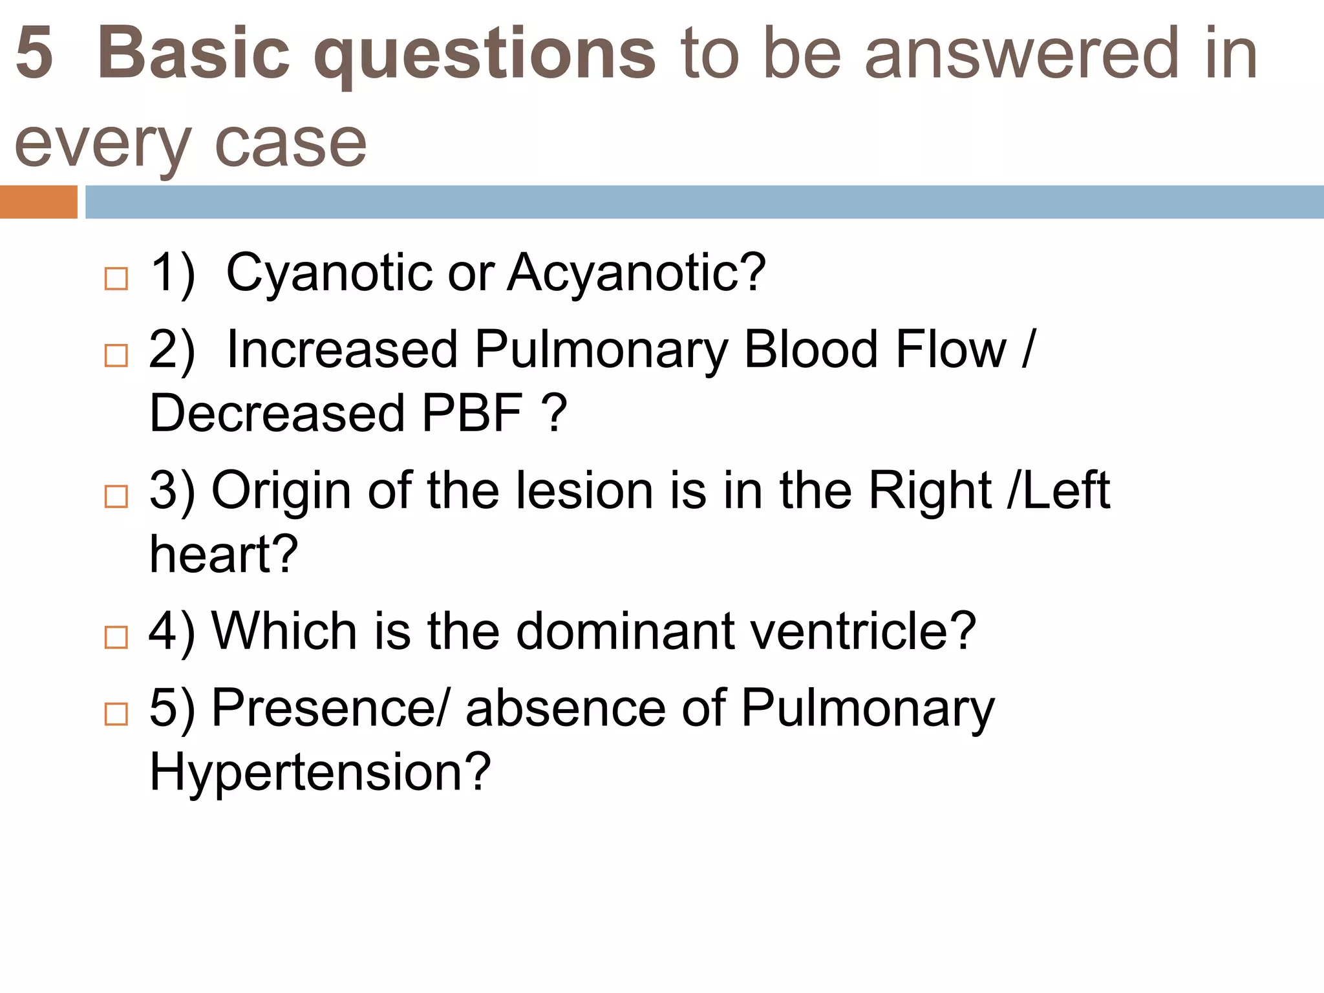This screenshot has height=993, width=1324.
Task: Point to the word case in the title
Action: (x=290, y=144)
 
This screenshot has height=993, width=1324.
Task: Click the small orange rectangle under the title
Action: (x=38, y=202)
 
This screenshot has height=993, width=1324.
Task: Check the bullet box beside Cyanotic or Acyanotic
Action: (x=116, y=279)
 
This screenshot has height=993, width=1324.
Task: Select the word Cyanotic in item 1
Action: (x=329, y=273)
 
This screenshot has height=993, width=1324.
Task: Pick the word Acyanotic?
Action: (x=636, y=273)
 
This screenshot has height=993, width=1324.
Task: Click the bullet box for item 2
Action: (x=116, y=356)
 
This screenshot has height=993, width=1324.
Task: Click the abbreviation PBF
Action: (x=471, y=414)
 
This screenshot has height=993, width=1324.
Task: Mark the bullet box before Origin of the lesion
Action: (x=116, y=496)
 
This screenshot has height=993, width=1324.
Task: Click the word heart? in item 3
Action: (x=224, y=555)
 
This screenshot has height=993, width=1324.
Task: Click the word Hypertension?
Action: (x=320, y=772)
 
